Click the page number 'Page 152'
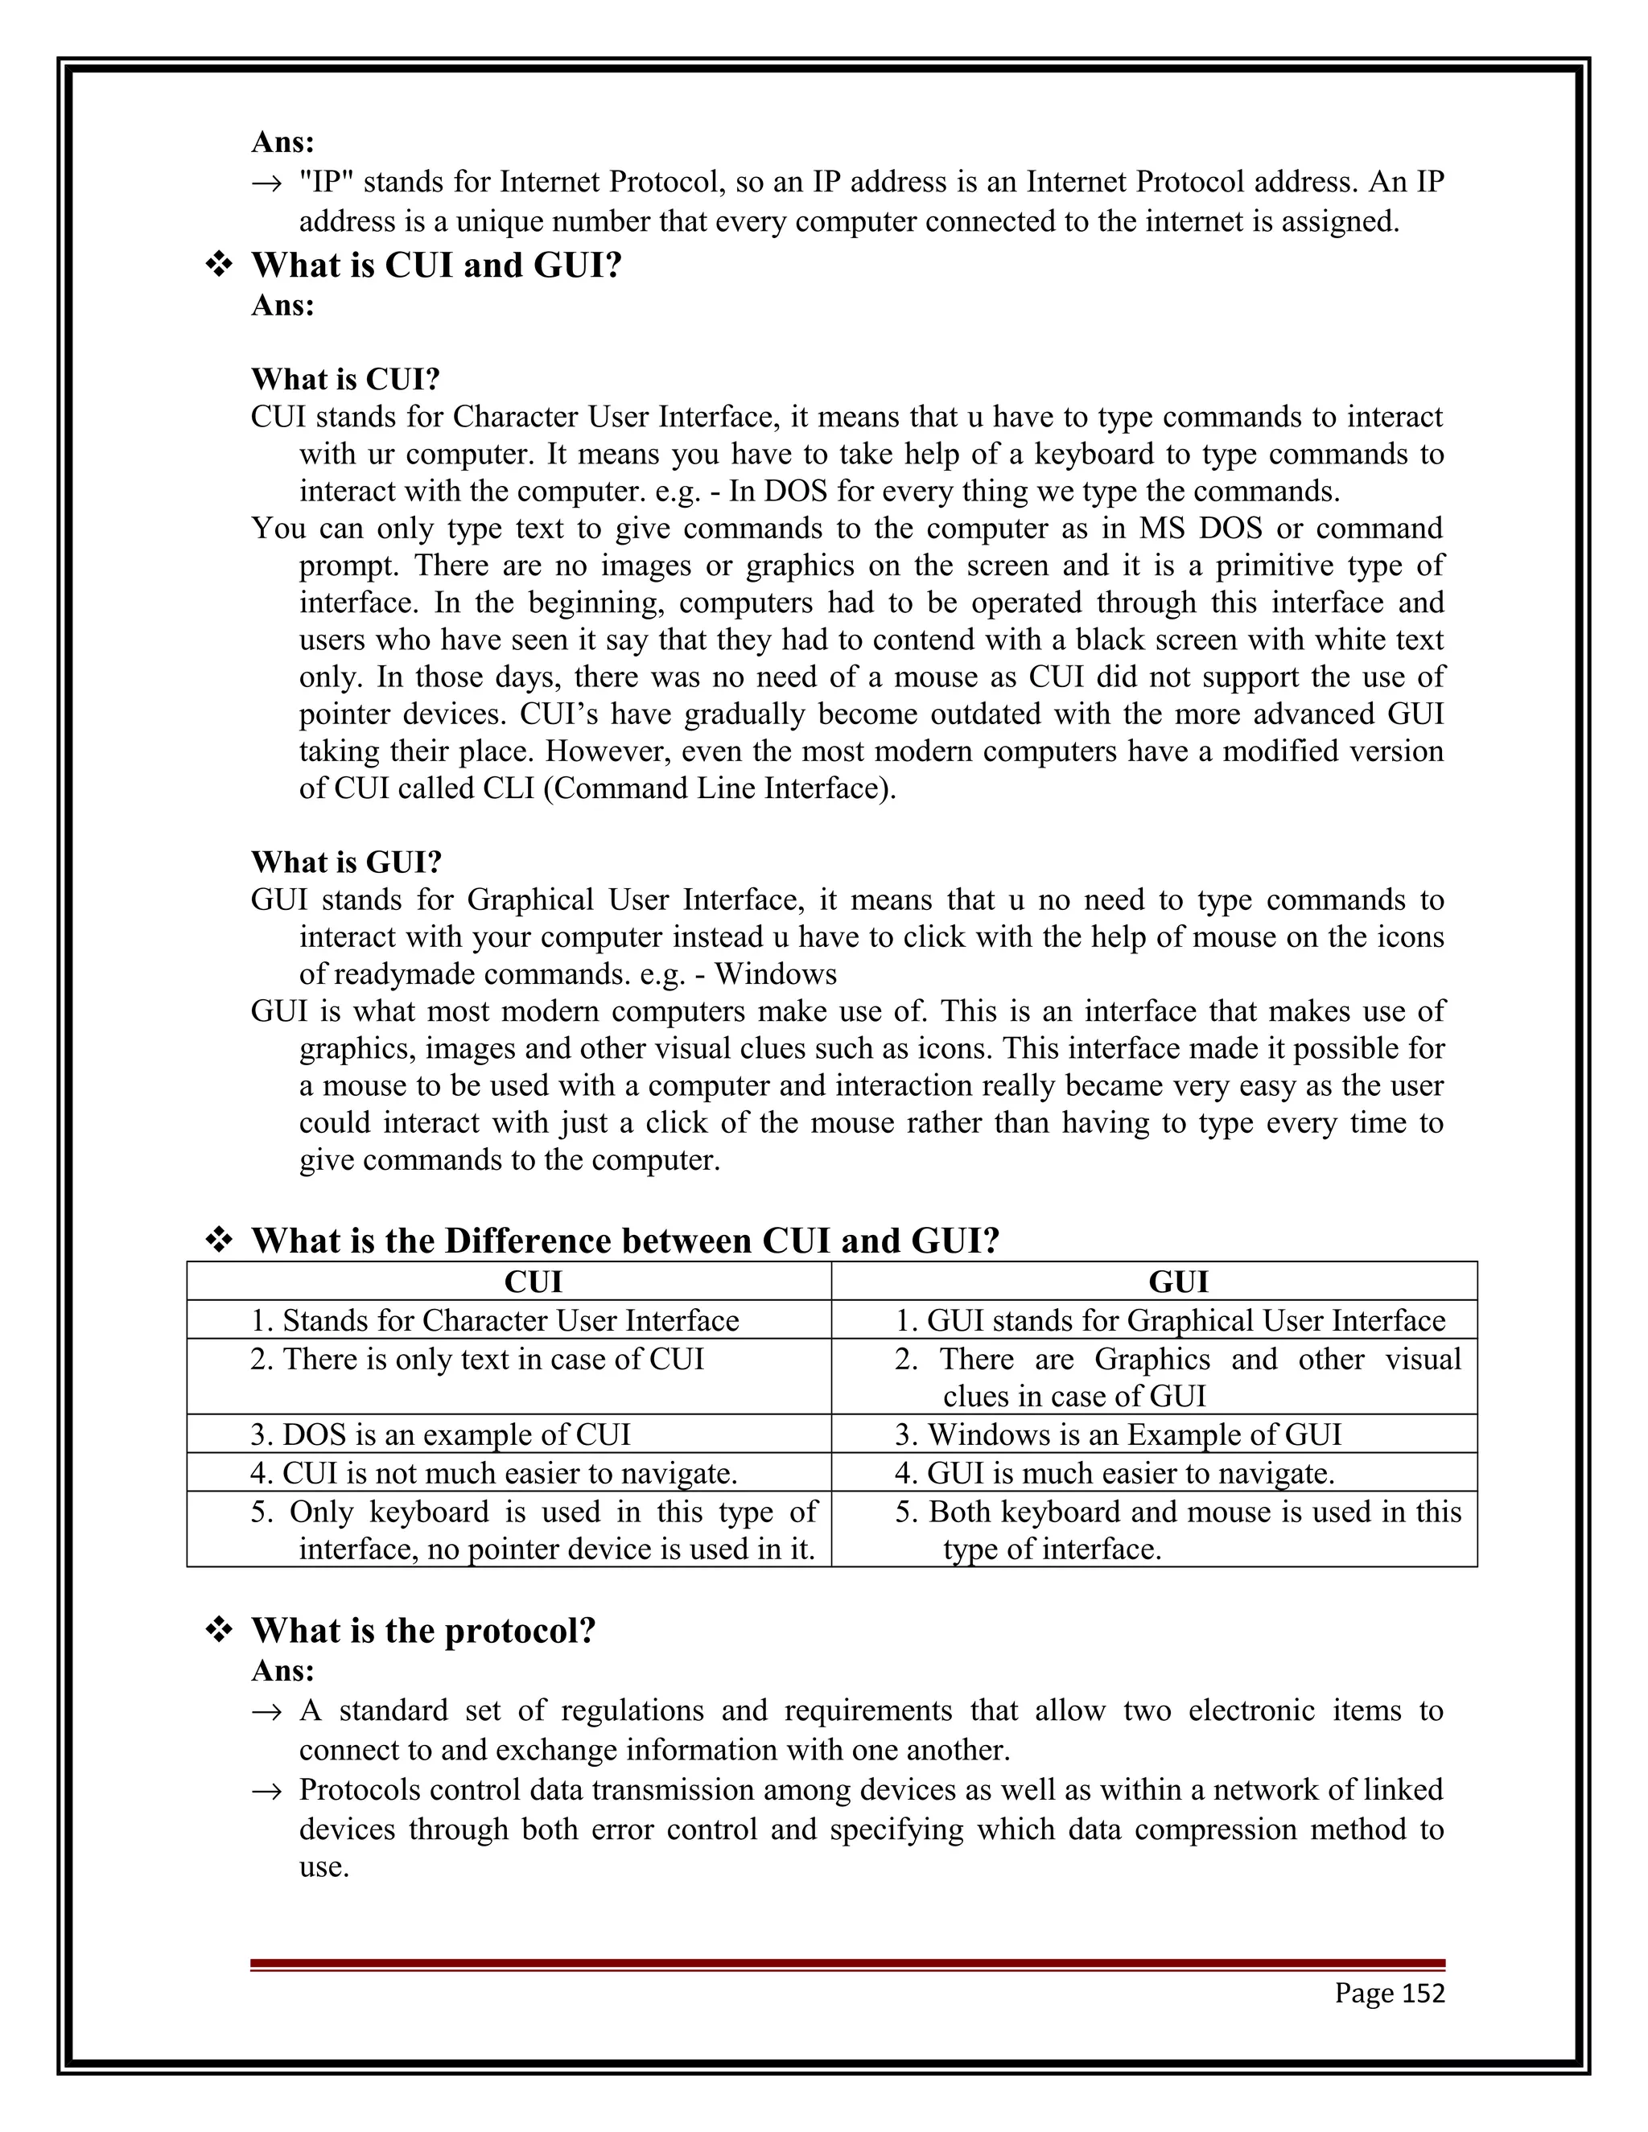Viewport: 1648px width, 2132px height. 1389,1992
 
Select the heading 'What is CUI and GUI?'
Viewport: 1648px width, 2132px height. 436,265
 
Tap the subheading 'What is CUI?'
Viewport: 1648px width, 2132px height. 345,379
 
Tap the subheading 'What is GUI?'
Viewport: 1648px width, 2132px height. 347,862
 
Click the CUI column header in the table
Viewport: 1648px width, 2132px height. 532,1282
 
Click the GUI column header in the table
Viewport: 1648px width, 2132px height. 1178,1282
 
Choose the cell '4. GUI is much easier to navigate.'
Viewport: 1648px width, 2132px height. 1114,1472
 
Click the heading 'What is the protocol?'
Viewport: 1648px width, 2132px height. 422,1630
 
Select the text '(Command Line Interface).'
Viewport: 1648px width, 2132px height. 719,788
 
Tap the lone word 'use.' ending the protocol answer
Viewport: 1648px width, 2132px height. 323,1867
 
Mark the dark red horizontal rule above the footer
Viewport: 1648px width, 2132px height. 847,1963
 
